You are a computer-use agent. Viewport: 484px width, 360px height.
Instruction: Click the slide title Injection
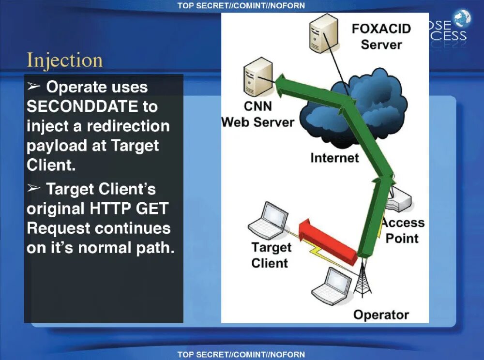tap(64, 61)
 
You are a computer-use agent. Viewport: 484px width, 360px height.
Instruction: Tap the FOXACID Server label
tap(381, 36)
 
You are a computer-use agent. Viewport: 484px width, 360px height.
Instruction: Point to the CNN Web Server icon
tap(258, 77)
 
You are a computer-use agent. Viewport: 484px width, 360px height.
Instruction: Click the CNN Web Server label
tap(257, 114)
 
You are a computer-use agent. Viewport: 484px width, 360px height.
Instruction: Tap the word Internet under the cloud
tap(334, 158)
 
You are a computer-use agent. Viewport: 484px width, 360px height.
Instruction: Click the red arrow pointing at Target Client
tap(329, 237)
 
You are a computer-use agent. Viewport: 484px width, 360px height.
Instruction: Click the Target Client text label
tap(271, 255)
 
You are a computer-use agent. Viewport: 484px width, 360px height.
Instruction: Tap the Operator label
tap(381, 315)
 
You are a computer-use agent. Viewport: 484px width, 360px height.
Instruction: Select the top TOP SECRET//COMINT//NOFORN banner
tap(241, 6)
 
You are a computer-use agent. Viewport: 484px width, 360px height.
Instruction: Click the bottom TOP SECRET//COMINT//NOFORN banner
tap(241, 354)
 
